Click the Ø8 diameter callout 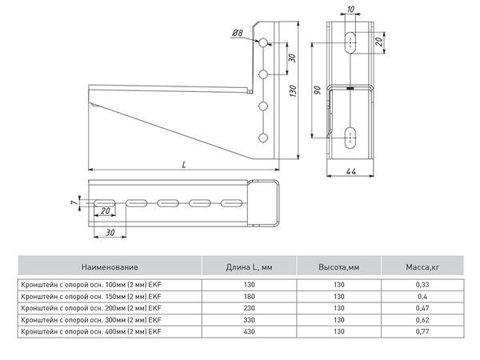tap(238, 32)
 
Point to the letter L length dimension tap(185, 163)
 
